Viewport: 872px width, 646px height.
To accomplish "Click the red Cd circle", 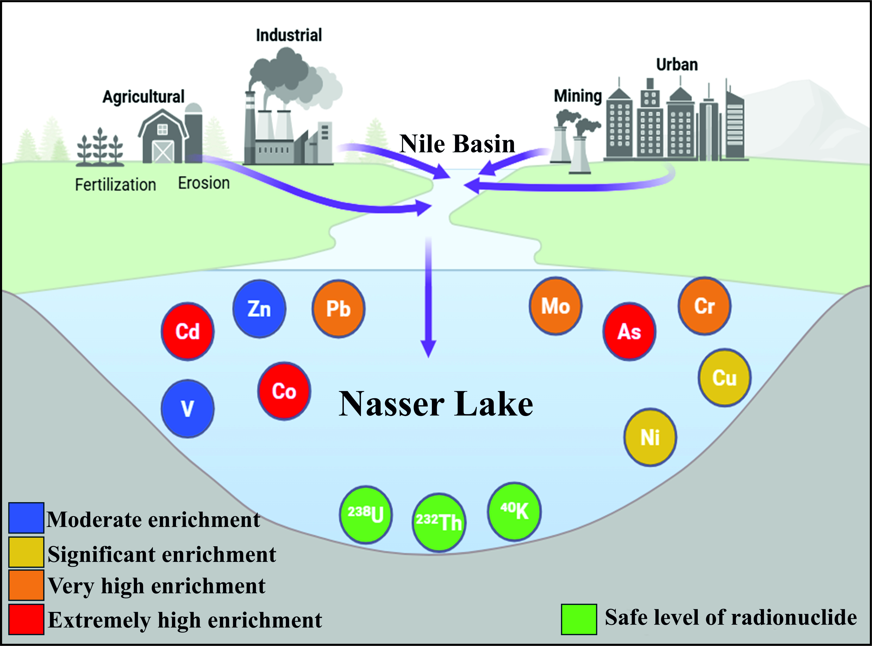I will tap(188, 331).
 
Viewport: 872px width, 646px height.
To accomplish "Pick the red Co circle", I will tap(284, 391).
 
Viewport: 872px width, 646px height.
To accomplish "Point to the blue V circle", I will tap(188, 409).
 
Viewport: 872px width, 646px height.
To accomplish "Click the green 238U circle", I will tap(366, 515).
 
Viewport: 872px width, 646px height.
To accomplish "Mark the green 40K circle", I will tap(514, 511).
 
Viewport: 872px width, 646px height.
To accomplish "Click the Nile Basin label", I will tap(457, 144).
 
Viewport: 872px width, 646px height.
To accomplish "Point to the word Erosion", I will tap(204, 183).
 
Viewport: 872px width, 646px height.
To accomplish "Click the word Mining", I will tap(578, 96).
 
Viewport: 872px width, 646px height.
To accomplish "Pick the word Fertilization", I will tap(115, 185).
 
